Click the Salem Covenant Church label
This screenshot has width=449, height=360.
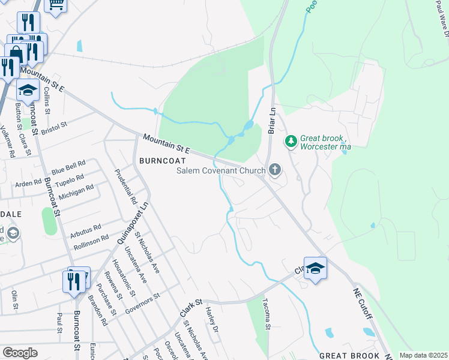tap(220, 171)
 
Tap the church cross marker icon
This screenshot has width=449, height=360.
tap(275, 170)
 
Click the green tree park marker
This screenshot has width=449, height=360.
tap(291, 141)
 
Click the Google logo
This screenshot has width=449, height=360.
tap(20, 352)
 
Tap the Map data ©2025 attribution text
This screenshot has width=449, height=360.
tap(423, 355)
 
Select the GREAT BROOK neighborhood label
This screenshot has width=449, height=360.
tap(349, 356)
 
